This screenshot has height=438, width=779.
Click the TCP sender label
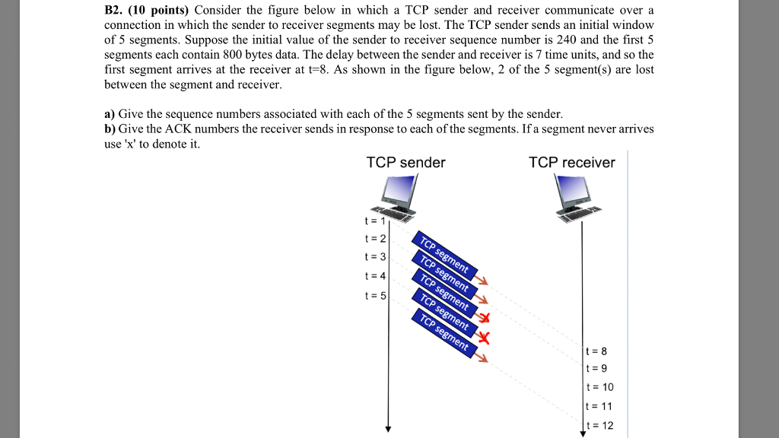[405, 163]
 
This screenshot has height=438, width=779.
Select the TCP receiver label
[571, 163]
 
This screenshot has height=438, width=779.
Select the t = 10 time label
[601, 387]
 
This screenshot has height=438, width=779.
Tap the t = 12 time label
[601, 426]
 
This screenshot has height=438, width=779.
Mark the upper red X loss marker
[482, 319]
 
